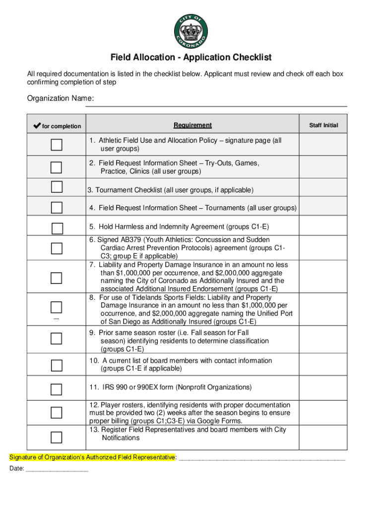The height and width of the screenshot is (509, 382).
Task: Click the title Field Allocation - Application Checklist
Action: (191, 58)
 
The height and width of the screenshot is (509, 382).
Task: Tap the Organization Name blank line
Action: (216, 102)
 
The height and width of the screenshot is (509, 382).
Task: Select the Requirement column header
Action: (192, 125)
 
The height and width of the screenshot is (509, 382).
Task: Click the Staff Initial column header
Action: (323, 125)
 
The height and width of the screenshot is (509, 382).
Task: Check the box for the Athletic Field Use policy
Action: (57, 145)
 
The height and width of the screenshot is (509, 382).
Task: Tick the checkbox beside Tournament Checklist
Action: (57, 187)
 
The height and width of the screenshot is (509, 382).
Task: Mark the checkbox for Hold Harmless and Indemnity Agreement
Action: (58, 228)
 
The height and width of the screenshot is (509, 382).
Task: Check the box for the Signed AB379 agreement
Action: (57, 248)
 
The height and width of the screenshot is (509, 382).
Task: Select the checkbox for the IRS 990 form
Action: (57, 389)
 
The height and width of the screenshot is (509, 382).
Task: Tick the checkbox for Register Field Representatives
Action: (57, 437)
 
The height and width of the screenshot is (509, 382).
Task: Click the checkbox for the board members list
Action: (57, 365)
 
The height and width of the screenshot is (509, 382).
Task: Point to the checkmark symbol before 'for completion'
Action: (36, 126)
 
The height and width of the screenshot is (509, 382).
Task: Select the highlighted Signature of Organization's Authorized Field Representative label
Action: (93, 457)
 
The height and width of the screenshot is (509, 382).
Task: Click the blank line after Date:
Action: (57, 469)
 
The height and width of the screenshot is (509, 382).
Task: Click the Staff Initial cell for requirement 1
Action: (323, 145)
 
